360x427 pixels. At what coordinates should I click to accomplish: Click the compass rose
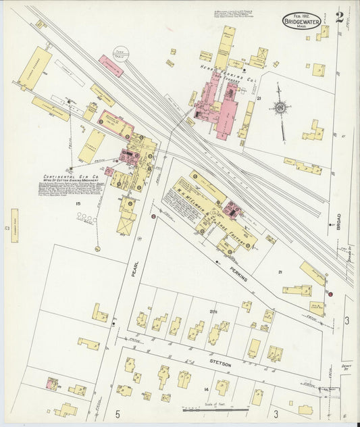coord(279,107)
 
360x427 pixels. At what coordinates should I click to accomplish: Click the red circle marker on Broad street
coord(330,293)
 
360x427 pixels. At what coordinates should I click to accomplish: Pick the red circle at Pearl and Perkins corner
coord(153,216)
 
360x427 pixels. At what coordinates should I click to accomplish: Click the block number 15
coord(78,203)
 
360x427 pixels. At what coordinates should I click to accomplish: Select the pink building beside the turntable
coord(111,65)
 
